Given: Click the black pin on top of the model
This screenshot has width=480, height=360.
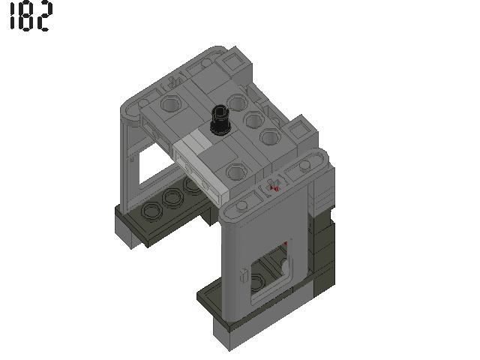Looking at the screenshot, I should click(220, 120).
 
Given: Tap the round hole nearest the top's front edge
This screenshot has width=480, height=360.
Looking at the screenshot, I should click(236, 172).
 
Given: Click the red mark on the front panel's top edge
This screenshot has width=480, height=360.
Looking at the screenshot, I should click(274, 187).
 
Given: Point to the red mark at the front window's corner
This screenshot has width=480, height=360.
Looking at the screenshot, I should click(285, 244).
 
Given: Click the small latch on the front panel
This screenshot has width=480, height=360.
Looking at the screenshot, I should click(244, 275).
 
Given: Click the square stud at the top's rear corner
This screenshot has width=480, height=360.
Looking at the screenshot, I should click(202, 68).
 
